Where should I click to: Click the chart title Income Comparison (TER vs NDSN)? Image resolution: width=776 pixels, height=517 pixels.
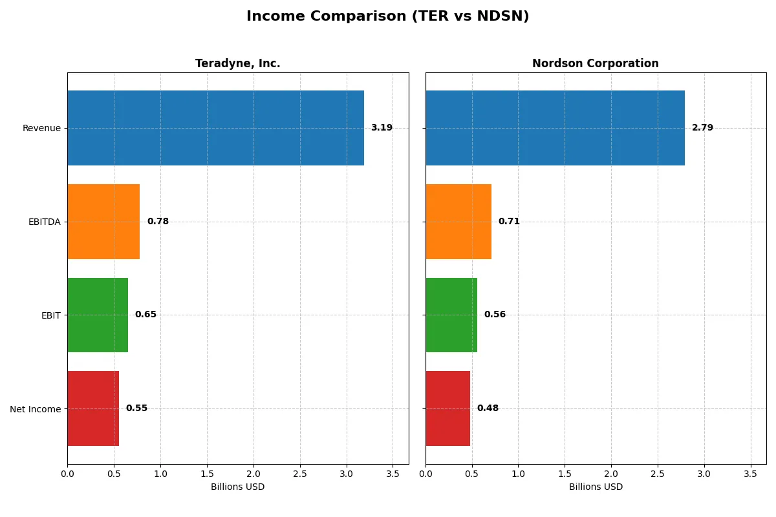[387, 17]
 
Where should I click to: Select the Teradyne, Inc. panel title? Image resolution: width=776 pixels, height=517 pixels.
[237, 64]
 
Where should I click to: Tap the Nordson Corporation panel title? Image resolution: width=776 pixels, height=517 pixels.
[595, 64]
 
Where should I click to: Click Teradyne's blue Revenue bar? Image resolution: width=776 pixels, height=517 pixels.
[215, 128]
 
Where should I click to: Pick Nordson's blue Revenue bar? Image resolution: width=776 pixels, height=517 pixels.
[555, 128]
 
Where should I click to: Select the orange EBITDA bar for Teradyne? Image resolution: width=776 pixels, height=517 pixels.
[103, 222]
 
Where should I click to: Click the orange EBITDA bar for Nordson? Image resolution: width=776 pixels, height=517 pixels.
[458, 222]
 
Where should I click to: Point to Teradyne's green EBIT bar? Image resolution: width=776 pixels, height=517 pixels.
[98, 315]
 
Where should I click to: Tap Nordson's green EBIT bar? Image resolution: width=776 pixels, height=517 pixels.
[451, 315]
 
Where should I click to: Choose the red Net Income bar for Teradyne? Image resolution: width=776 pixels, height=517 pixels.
[93, 408]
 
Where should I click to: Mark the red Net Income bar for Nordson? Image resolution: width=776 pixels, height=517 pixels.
[447, 408]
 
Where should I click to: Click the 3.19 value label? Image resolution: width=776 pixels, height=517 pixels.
[382, 128]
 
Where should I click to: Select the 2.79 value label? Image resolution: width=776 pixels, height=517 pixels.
[702, 128]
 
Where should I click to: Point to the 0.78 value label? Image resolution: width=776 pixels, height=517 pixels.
[158, 222]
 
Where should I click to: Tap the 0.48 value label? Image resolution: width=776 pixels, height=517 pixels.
[488, 408]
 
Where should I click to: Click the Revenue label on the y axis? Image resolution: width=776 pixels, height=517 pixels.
[41, 128]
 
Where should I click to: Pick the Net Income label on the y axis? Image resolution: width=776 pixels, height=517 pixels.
[35, 409]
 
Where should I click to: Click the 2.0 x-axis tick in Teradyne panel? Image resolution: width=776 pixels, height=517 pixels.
[253, 473]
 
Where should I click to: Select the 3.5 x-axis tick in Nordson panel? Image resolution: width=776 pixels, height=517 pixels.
[750, 473]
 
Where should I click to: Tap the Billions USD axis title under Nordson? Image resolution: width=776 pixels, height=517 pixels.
[596, 487]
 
